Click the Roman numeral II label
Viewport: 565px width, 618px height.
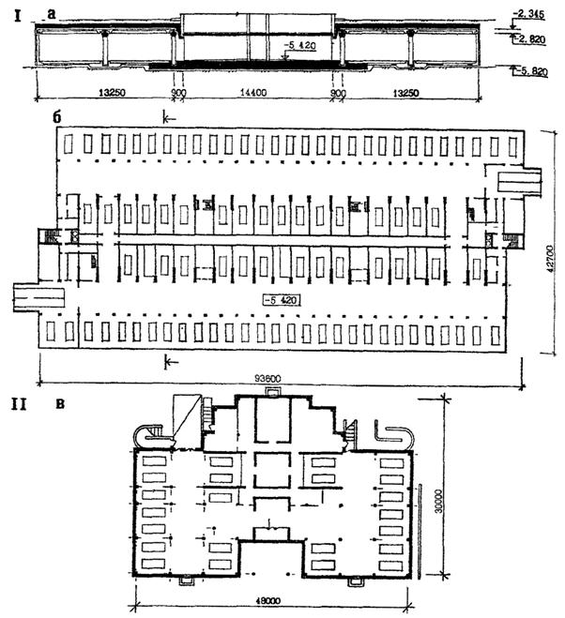click(x=16, y=406)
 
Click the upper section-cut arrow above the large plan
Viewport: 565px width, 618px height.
click(x=169, y=117)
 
